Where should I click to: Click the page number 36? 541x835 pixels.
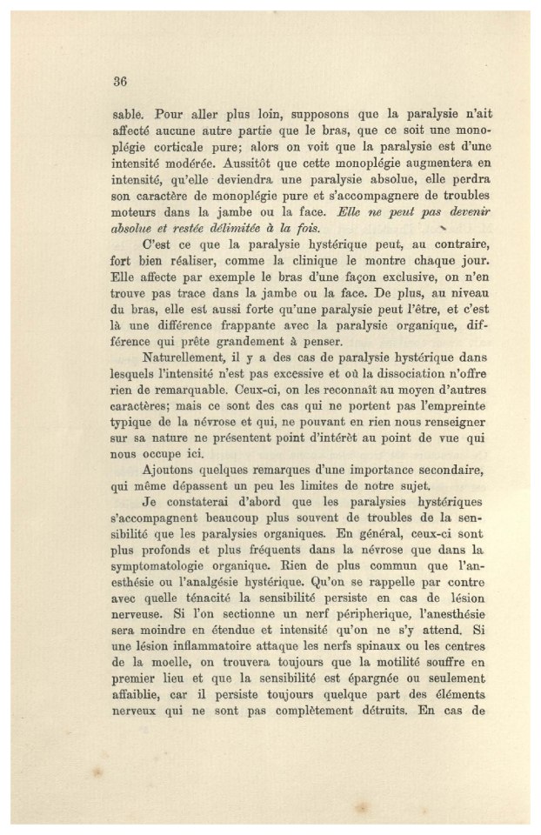121,83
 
